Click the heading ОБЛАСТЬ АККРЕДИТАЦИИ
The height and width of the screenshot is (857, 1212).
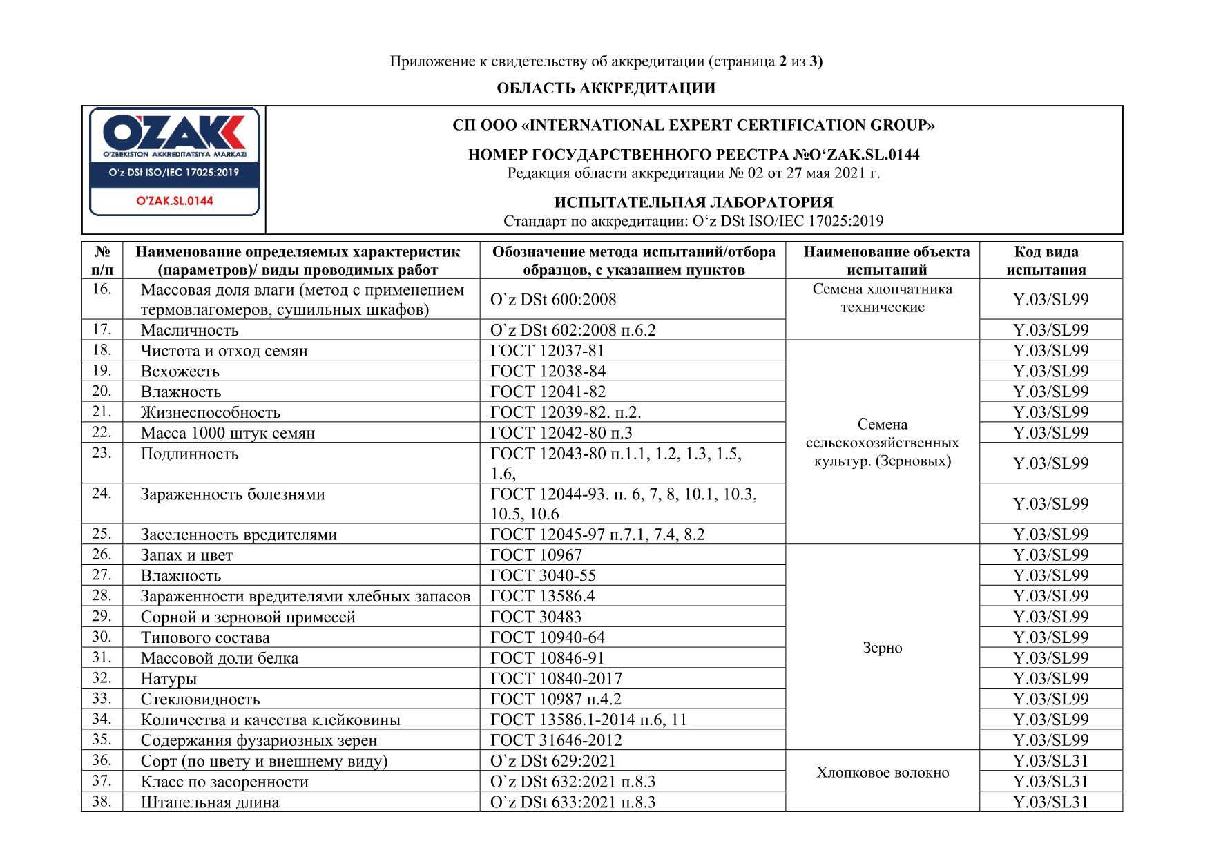pos(606,88)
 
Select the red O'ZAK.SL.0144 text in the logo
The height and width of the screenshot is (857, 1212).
pos(175,201)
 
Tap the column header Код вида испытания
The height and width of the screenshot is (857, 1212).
pos(1046,260)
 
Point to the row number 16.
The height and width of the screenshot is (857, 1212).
pos(102,289)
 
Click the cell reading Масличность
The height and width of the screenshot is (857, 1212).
pos(189,330)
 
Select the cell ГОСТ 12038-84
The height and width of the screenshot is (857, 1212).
pos(548,372)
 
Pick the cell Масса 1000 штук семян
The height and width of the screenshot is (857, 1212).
pos(228,433)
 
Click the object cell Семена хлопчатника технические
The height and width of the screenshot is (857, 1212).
pos(882,298)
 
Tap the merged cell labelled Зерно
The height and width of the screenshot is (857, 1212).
pos(882,648)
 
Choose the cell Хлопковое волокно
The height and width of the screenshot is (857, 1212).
pos(882,773)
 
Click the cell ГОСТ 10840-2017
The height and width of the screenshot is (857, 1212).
pos(556,679)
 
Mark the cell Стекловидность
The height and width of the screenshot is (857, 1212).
pos(200,700)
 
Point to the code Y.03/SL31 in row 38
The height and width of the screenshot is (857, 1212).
pos(1050,802)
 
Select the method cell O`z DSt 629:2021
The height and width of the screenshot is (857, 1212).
pos(552,761)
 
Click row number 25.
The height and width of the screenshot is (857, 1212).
pos(102,534)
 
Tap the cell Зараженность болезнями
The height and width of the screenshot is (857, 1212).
pos(233,494)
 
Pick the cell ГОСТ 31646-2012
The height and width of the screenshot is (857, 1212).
pos(556,740)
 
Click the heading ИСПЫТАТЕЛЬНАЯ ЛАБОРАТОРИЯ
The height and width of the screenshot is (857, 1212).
pos(693,202)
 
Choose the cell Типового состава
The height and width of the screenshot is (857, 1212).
pos(205,637)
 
